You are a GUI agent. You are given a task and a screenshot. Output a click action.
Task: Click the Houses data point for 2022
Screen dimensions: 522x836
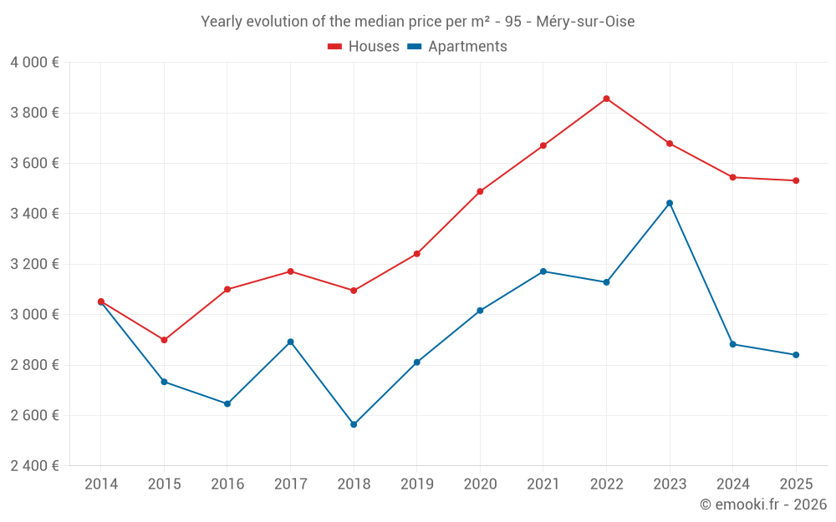pos(606,99)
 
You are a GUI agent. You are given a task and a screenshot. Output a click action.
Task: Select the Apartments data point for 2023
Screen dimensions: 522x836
pos(670,203)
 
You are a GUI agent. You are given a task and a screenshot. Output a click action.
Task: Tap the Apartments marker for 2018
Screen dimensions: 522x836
pos(354,424)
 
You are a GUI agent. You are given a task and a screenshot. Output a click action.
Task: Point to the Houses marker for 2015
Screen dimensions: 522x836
pos(164,340)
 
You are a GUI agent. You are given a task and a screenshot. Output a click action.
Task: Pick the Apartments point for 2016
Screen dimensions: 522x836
pos(227,403)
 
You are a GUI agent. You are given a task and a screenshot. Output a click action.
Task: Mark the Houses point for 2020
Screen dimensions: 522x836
pos(480,191)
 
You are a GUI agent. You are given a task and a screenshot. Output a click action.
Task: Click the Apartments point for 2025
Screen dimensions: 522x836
pos(796,355)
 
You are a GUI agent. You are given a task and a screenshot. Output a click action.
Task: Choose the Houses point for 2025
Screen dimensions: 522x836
pos(796,180)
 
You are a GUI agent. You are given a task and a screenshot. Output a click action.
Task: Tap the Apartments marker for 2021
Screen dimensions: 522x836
pos(543,271)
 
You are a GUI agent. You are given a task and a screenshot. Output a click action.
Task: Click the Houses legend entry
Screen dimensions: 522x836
pos(364,47)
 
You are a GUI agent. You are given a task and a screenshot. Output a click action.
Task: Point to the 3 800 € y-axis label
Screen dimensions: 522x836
pos(35,113)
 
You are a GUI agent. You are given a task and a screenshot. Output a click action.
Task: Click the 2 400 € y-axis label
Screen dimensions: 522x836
pos(35,466)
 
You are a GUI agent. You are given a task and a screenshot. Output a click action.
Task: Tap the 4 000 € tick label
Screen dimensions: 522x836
pos(35,63)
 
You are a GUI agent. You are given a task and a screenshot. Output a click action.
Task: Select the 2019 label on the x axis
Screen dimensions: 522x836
pos(416,484)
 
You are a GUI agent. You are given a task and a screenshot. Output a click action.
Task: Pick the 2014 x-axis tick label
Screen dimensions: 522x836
pos(101,484)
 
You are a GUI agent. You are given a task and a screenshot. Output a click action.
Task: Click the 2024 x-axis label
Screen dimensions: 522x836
pos(732,484)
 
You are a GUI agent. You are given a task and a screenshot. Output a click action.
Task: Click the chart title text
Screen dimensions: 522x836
pos(417,22)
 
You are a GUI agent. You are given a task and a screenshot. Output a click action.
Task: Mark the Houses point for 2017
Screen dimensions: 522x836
pos(290,271)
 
